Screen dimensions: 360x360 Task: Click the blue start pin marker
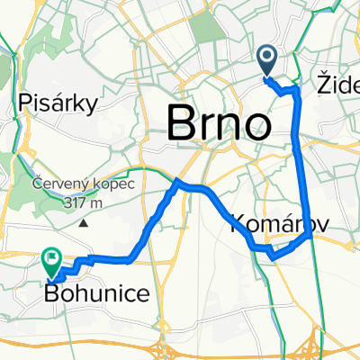click(268, 60)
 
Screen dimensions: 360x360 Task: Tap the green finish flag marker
click(51, 262)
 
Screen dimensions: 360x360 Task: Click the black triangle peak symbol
click(85, 220)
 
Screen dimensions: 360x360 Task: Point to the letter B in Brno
click(183, 121)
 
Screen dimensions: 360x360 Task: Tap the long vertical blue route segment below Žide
click(301, 162)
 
